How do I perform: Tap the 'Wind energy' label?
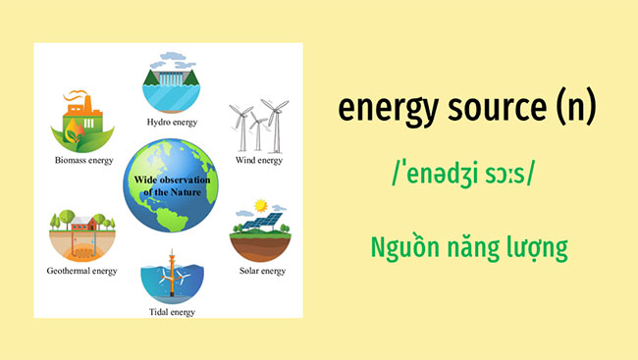pyautogui.click(x=259, y=160)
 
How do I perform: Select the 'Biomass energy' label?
pyautogui.click(x=83, y=160)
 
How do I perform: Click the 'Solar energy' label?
pyautogui.click(x=260, y=271)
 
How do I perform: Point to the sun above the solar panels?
pyautogui.click(x=262, y=206)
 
